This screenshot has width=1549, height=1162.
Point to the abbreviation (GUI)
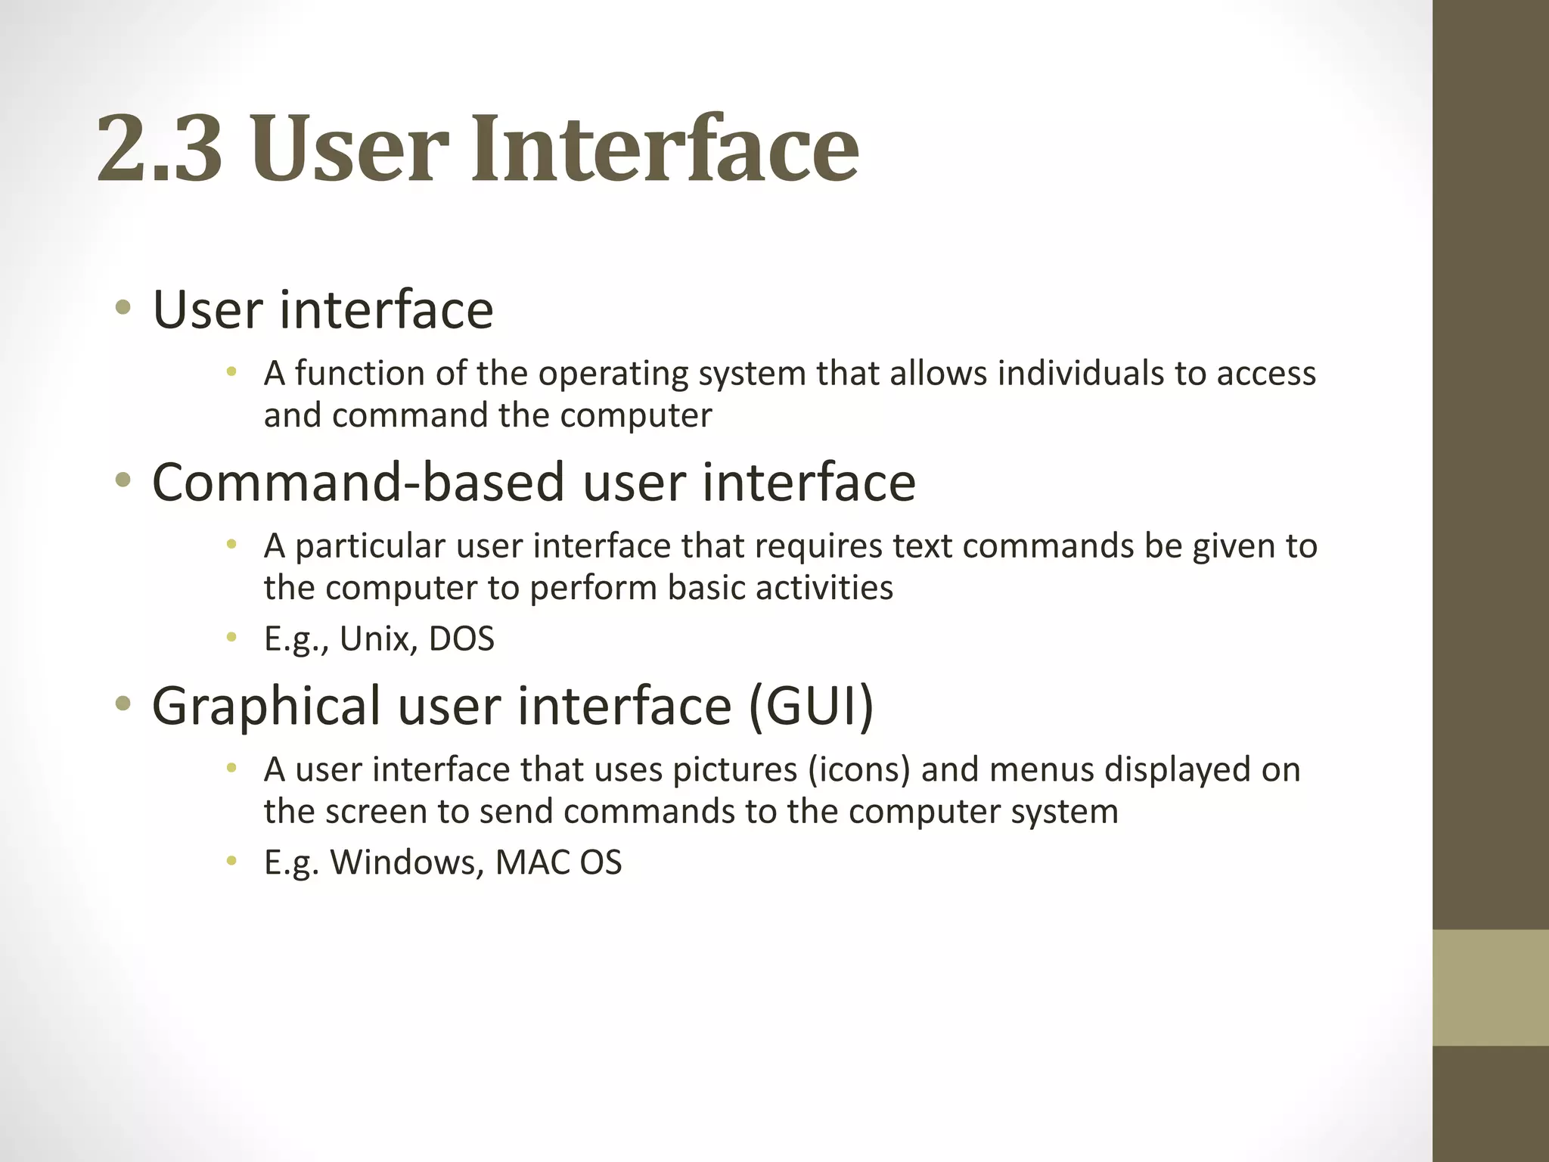pyautogui.click(x=811, y=706)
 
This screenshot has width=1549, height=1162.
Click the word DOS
pyautogui.click(x=461, y=639)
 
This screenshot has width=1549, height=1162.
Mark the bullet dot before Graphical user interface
pyautogui.click(x=123, y=705)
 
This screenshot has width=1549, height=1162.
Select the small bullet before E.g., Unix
pyautogui.click(x=231, y=638)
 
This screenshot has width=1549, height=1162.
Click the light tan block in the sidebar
pyautogui.click(x=1490, y=987)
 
